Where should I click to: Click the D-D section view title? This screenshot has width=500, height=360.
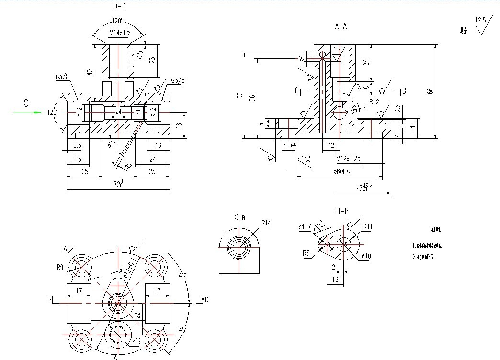point(120,6)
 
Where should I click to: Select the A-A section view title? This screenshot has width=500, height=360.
point(341,26)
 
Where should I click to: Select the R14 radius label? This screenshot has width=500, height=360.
point(266,223)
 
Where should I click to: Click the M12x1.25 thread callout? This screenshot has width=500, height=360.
point(348,158)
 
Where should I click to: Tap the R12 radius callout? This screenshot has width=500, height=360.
point(374,102)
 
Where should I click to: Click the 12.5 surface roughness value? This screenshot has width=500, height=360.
point(480,20)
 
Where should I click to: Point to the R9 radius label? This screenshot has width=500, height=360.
point(60,267)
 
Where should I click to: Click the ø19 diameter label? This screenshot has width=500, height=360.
point(137,342)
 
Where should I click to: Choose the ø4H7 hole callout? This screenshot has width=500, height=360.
point(305,226)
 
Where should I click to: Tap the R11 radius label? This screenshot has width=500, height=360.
point(367,226)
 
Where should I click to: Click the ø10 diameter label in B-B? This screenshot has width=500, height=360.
point(366,256)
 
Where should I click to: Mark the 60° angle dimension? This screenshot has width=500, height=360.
point(112,145)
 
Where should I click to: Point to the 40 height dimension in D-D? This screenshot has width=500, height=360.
point(89,72)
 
